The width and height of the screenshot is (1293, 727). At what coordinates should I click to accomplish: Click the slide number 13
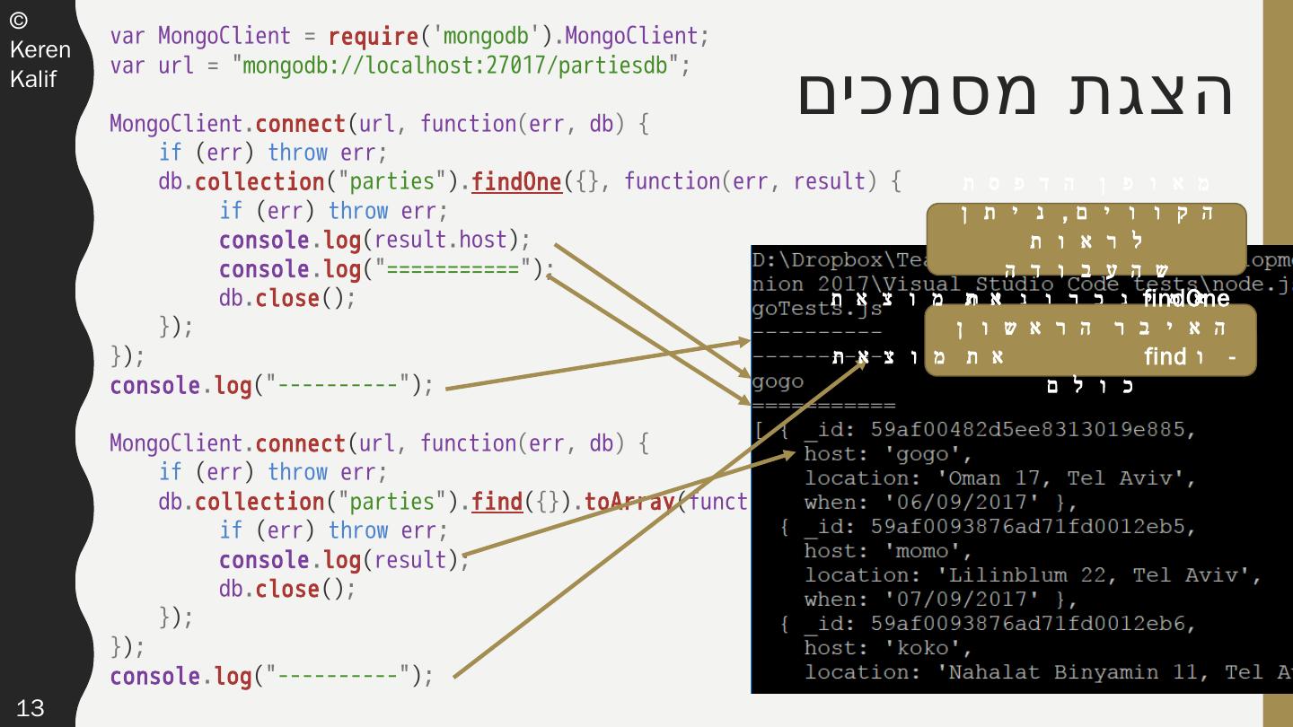(x=30, y=708)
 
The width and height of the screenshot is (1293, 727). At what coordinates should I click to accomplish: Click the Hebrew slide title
(x=1016, y=92)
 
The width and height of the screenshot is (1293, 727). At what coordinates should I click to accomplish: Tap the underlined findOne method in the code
(x=516, y=182)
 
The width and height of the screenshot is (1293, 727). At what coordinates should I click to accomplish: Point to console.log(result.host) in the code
(x=374, y=241)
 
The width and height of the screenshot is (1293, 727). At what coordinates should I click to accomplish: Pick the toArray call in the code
(x=629, y=502)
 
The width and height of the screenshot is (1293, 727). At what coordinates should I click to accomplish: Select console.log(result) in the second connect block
(x=343, y=560)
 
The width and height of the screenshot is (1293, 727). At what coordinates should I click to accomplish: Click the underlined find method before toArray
(x=497, y=502)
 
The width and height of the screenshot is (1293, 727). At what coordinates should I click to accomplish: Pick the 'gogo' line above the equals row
(x=778, y=381)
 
